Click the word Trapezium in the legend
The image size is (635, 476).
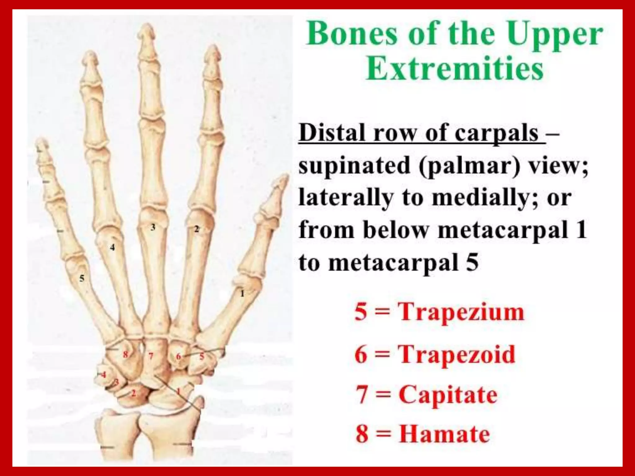[x=461, y=312]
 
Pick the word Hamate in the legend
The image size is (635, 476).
[x=444, y=434]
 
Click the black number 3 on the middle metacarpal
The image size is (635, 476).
[x=153, y=227]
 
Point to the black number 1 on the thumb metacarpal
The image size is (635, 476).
[x=242, y=293]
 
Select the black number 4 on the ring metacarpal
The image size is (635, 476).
[x=113, y=247]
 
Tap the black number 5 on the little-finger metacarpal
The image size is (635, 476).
[x=82, y=278]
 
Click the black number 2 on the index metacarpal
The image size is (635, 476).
[x=197, y=229]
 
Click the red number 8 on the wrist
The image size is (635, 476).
[x=125, y=354]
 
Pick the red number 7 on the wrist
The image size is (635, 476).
[x=151, y=356]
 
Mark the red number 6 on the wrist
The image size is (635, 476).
[x=178, y=357]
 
